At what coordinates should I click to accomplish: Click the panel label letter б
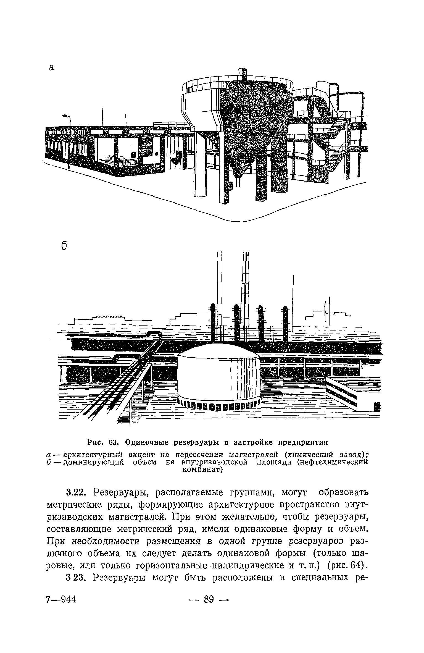pos(64,245)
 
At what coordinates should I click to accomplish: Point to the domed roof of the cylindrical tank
pos(218,350)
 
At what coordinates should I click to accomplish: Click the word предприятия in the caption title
pos(302,442)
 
